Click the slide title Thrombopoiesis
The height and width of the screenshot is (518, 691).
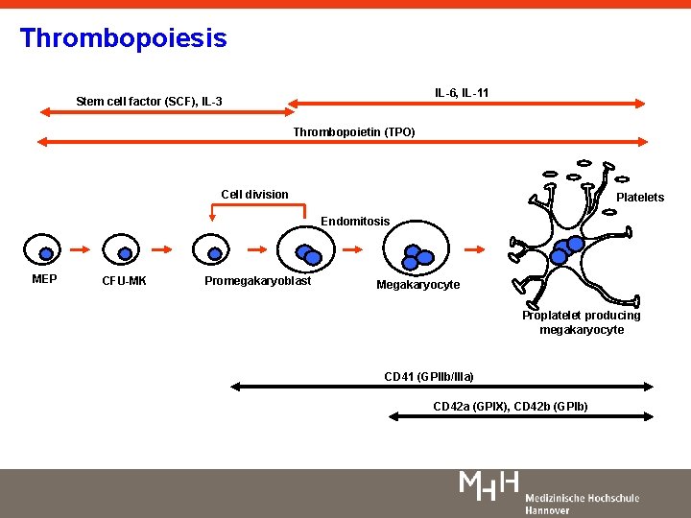click(x=123, y=38)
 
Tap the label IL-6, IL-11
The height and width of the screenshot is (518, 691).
click(x=462, y=93)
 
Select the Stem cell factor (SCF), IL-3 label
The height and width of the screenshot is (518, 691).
click(x=149, y=101)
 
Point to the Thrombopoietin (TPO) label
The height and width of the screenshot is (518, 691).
click(x=354, y=131)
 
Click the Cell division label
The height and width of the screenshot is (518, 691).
click(x=254, y=195)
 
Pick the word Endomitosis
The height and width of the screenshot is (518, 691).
click(x=355, y=222)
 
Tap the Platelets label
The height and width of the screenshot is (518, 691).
click(x=640, y=198)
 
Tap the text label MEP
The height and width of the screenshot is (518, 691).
click(x=44, y=279)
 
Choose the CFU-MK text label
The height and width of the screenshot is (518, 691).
click(x=125, y=281)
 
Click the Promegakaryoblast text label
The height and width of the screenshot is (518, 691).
click(x=257, y=281)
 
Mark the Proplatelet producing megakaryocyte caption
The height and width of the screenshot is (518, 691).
click(x=582, y=322)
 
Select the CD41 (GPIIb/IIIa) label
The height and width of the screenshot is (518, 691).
click(x=429, y=376)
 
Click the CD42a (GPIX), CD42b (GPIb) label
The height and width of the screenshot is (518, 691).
click(x=511, y=407)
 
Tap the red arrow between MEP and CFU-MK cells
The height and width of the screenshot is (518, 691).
click(x=84, y=253)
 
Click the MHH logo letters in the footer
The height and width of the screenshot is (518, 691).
click(x=489, y=484)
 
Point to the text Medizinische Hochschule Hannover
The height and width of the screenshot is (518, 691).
click(x=582, y=504)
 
